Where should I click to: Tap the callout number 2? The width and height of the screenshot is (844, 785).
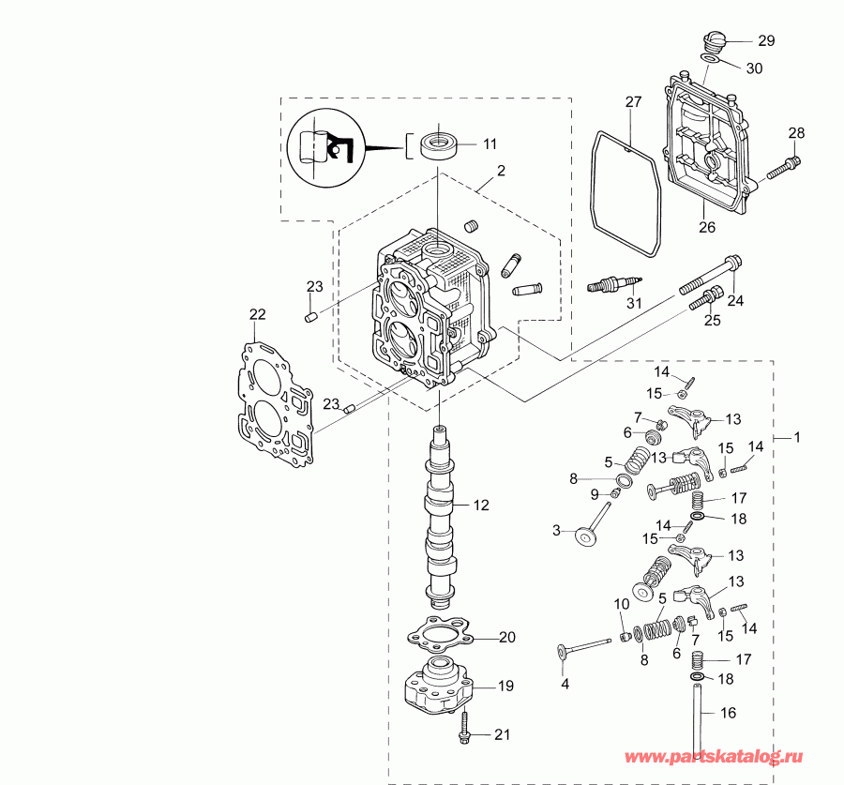[502, 171]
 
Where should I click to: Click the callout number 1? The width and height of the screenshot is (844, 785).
[797, 437]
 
